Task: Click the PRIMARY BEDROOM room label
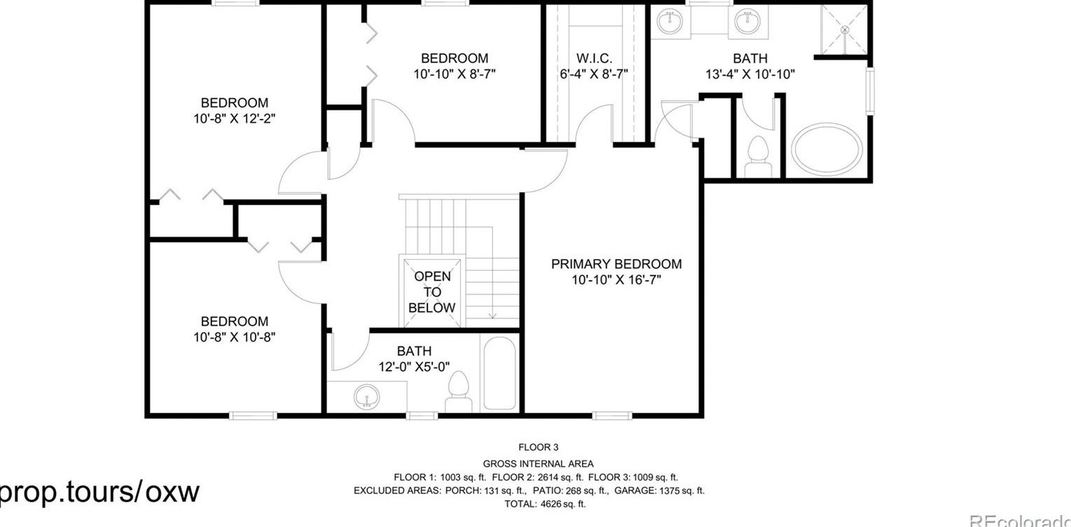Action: pyautogui.click(x=616, y=264)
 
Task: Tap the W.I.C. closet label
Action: pyautogui.click(x=594, y=58)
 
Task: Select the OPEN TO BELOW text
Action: pyautogui.click(x=432, y=292)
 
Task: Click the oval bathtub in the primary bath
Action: pyautogui.click(x=827, y=149)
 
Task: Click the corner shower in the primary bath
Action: pyautogui.click(x=844, y=29)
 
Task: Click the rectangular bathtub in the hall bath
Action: pyautogui.click(x=499, y=373)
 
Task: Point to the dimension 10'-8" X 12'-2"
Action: pyautogui.click(x=234, y=119)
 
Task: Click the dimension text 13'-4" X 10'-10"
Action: pyautogui.click(x=749, y=74)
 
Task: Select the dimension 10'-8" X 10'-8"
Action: pyautogui.click(x=234, y=337)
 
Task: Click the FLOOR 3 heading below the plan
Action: pyautogui.click(x=538, y=447)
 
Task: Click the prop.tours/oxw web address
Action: pyautogui.click(x=98, y=491)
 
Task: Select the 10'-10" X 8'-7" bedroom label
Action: pyautogui.click(x=454, y=73)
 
